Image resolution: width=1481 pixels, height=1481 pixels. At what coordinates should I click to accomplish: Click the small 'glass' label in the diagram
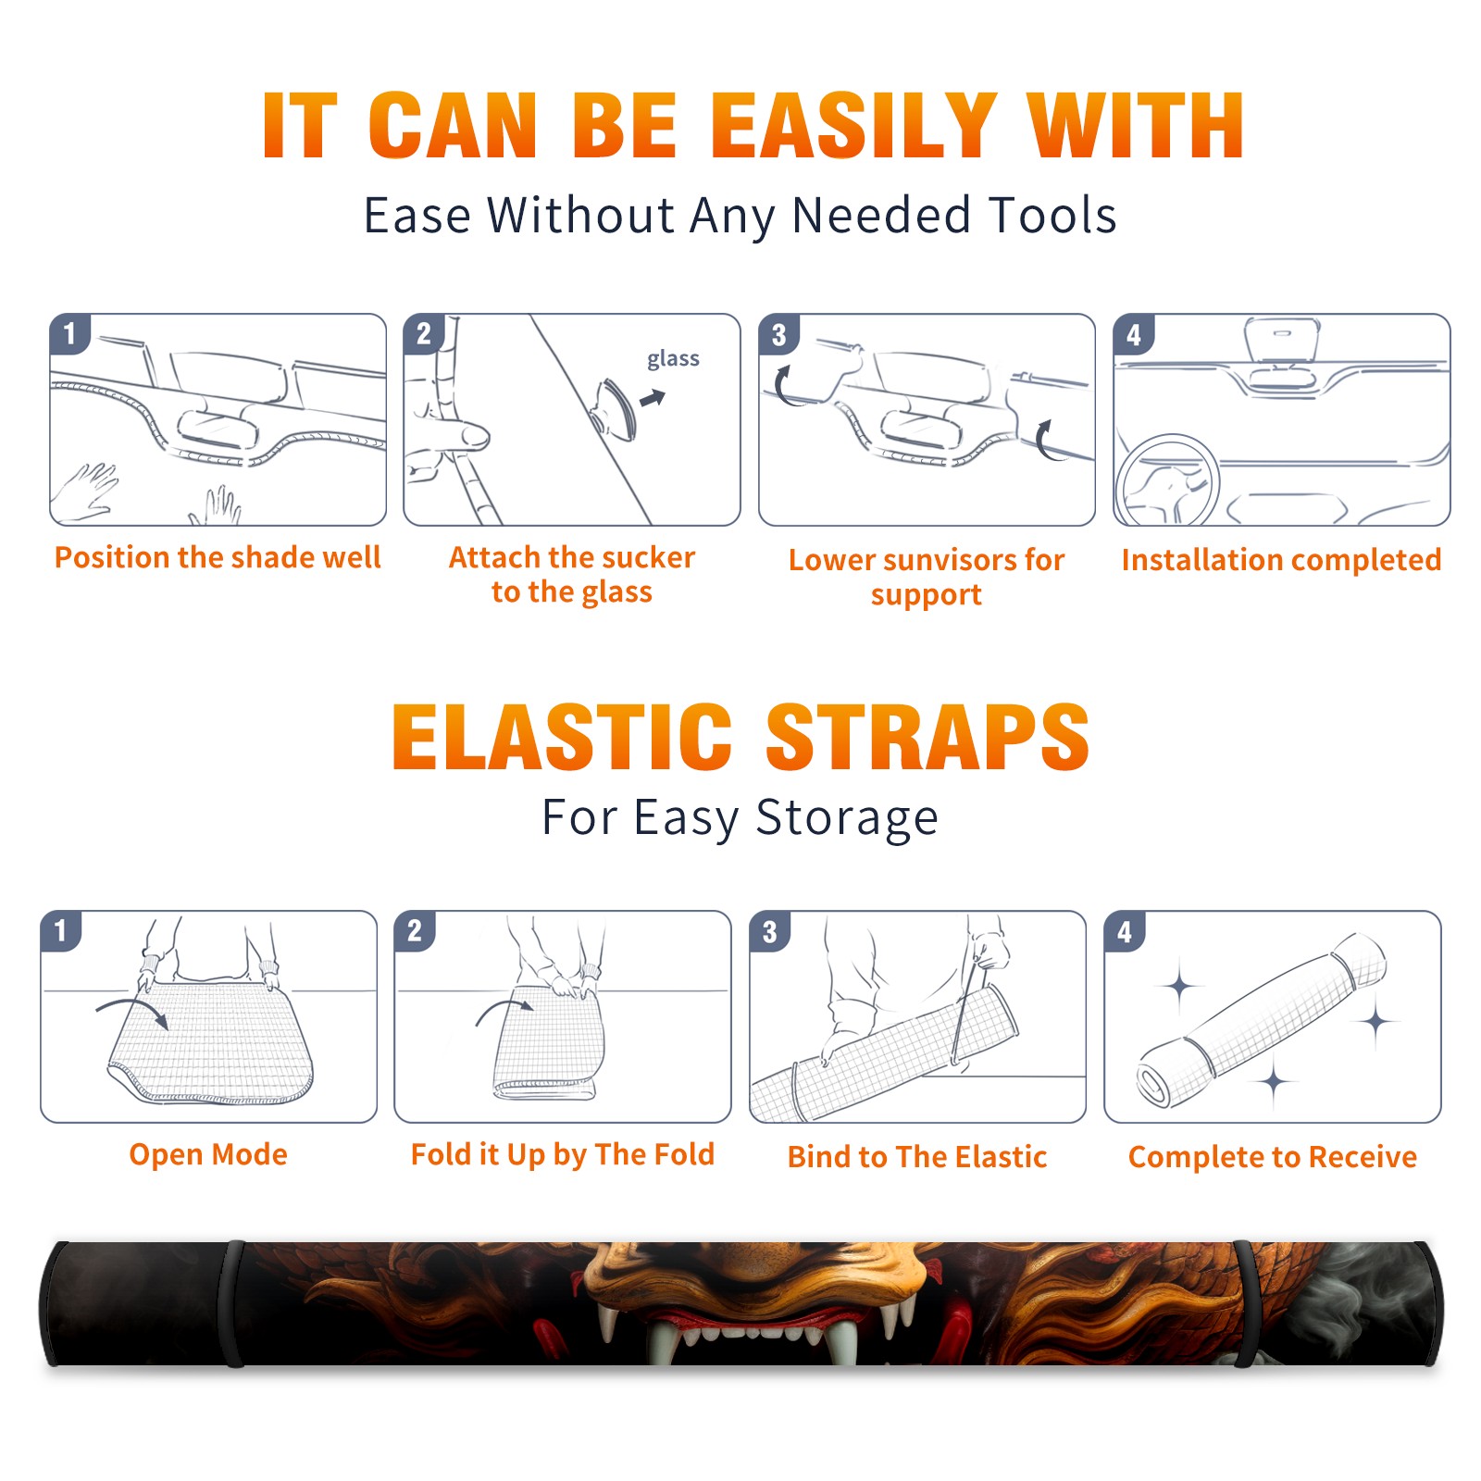tap(673, 359)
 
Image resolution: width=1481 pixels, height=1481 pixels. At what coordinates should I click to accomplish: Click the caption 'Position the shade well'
tap(218, 557)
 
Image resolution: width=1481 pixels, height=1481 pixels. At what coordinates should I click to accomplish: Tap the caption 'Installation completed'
tap(1281, 559)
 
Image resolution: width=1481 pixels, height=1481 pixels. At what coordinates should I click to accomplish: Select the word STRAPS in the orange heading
tap(927, 737)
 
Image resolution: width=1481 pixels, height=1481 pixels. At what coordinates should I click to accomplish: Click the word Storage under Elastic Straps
tap(847, 818)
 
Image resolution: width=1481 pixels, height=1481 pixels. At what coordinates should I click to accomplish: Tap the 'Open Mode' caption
tap(208, 1154)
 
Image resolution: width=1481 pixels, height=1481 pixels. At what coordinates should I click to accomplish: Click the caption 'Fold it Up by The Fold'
tap(563, 1154)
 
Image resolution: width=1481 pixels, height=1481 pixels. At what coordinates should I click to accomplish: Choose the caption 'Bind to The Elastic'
tap(917, 1157)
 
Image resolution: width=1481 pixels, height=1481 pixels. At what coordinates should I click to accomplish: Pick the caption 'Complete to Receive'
tap(1273, 1157)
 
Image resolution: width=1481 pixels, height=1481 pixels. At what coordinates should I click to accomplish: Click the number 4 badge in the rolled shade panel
tap(1125, 931)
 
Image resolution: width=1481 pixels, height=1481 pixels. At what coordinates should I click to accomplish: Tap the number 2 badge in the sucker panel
tap(424, 334)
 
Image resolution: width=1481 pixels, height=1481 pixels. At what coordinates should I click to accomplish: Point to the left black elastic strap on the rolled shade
tap(233, 1303)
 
